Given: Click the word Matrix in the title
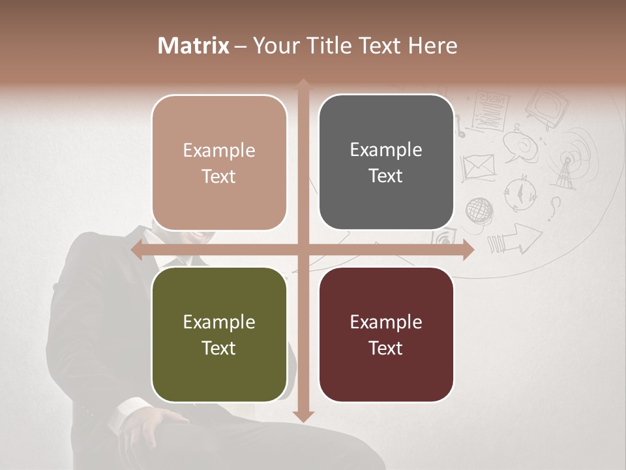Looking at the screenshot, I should coord(194,46).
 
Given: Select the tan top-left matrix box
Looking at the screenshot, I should coord(219,163).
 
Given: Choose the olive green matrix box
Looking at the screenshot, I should coord(219,334).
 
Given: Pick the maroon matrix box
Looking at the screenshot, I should coord(386,334).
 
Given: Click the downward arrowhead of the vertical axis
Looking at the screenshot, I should coord(303,416).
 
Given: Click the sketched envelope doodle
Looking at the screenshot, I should coord(479,167).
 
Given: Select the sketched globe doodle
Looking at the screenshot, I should coord(479,210).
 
